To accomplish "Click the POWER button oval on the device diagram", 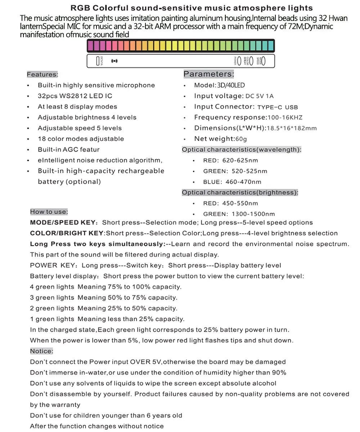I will pyautogui.click(x=240, y=61).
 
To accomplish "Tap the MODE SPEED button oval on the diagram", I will pyautogui.click(x=263, y=61).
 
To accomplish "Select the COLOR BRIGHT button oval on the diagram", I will pyautogui.click(x=251, y=61).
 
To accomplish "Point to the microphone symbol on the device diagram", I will pyautogui.click(x=114, y=61).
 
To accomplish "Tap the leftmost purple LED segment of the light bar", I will pyautogui.click(x=90, y=46).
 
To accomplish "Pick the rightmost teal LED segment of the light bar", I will pyautogui.click(x=271, y=46).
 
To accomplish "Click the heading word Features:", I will pyautogui.click(x=42, y=75).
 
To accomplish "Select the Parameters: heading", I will pyautogui.click(x=208, y=74).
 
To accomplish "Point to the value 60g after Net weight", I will pyautogui.click(x=241, y=139).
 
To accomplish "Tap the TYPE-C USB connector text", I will pyautogui.click(x=278, y=107).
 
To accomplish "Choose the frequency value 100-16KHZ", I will pyautogui.click(x=285, y=118).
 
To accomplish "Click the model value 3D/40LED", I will pyautogui.click(x=231, y=85).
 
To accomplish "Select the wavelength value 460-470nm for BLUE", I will pyautogui.click(x=243, y=182).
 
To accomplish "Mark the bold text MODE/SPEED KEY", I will pyautogui.click(x=63, y=222).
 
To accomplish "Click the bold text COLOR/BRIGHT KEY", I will pyautogui.click(x=67, y=233).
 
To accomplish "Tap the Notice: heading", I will pyautogui.click(x=41, y=351).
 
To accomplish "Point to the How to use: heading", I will pyautogui.click(x=49, y=212).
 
